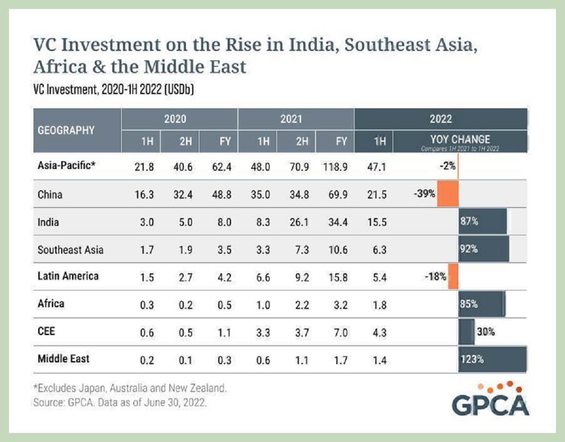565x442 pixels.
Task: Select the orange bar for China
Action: pyautogui.click(x=448, y=194)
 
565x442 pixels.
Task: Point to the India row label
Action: pyautogui.click(x=48, y=222)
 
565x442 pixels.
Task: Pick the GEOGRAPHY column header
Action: pyautogui.click(x=66, y=130)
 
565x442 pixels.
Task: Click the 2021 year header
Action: pyautogui.click(x=291, y=119)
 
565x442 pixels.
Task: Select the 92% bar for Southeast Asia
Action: pyautogui.click(x=484, y=249)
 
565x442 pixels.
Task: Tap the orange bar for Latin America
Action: pyautogui.click(x=453, y=277)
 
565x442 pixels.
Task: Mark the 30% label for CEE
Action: pyautogui.click(x=485, y=332)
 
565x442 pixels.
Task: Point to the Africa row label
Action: pyautogui.click(x=51, y=304)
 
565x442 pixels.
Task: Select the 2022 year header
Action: pyautogui.click(x=440, y=119)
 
